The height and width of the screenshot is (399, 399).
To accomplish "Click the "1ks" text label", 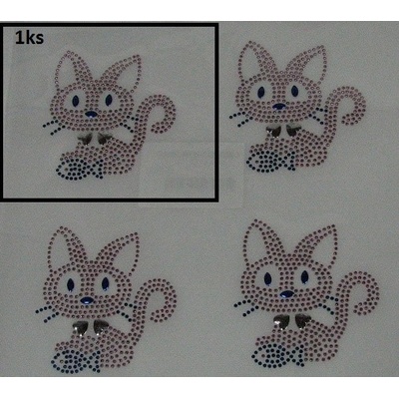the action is coord(29,38).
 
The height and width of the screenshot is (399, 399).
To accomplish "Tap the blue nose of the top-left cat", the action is coord(91,115).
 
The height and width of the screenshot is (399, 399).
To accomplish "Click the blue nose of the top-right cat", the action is coord(278,107).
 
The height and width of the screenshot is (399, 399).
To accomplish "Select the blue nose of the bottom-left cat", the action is coord(87,300).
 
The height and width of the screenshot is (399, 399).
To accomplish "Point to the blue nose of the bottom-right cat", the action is coord(286,294).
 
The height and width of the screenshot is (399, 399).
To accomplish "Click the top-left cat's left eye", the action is coord(76,101).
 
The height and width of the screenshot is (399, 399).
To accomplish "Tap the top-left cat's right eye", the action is coord(109,100).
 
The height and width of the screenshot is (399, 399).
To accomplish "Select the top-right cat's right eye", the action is coord(294,91).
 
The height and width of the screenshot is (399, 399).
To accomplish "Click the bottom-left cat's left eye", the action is coord(70,285).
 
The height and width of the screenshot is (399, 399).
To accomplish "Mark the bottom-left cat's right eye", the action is coord(106,284).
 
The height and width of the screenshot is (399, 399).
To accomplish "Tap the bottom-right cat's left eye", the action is coord(268,279).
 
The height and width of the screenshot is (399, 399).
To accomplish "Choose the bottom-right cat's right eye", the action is coord(304,277).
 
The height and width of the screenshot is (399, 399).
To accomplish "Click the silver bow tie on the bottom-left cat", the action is coord(91,327).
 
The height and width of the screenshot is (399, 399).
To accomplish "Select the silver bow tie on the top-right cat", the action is coord(283,131).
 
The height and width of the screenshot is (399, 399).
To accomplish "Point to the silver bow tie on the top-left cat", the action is coord(95,139).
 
